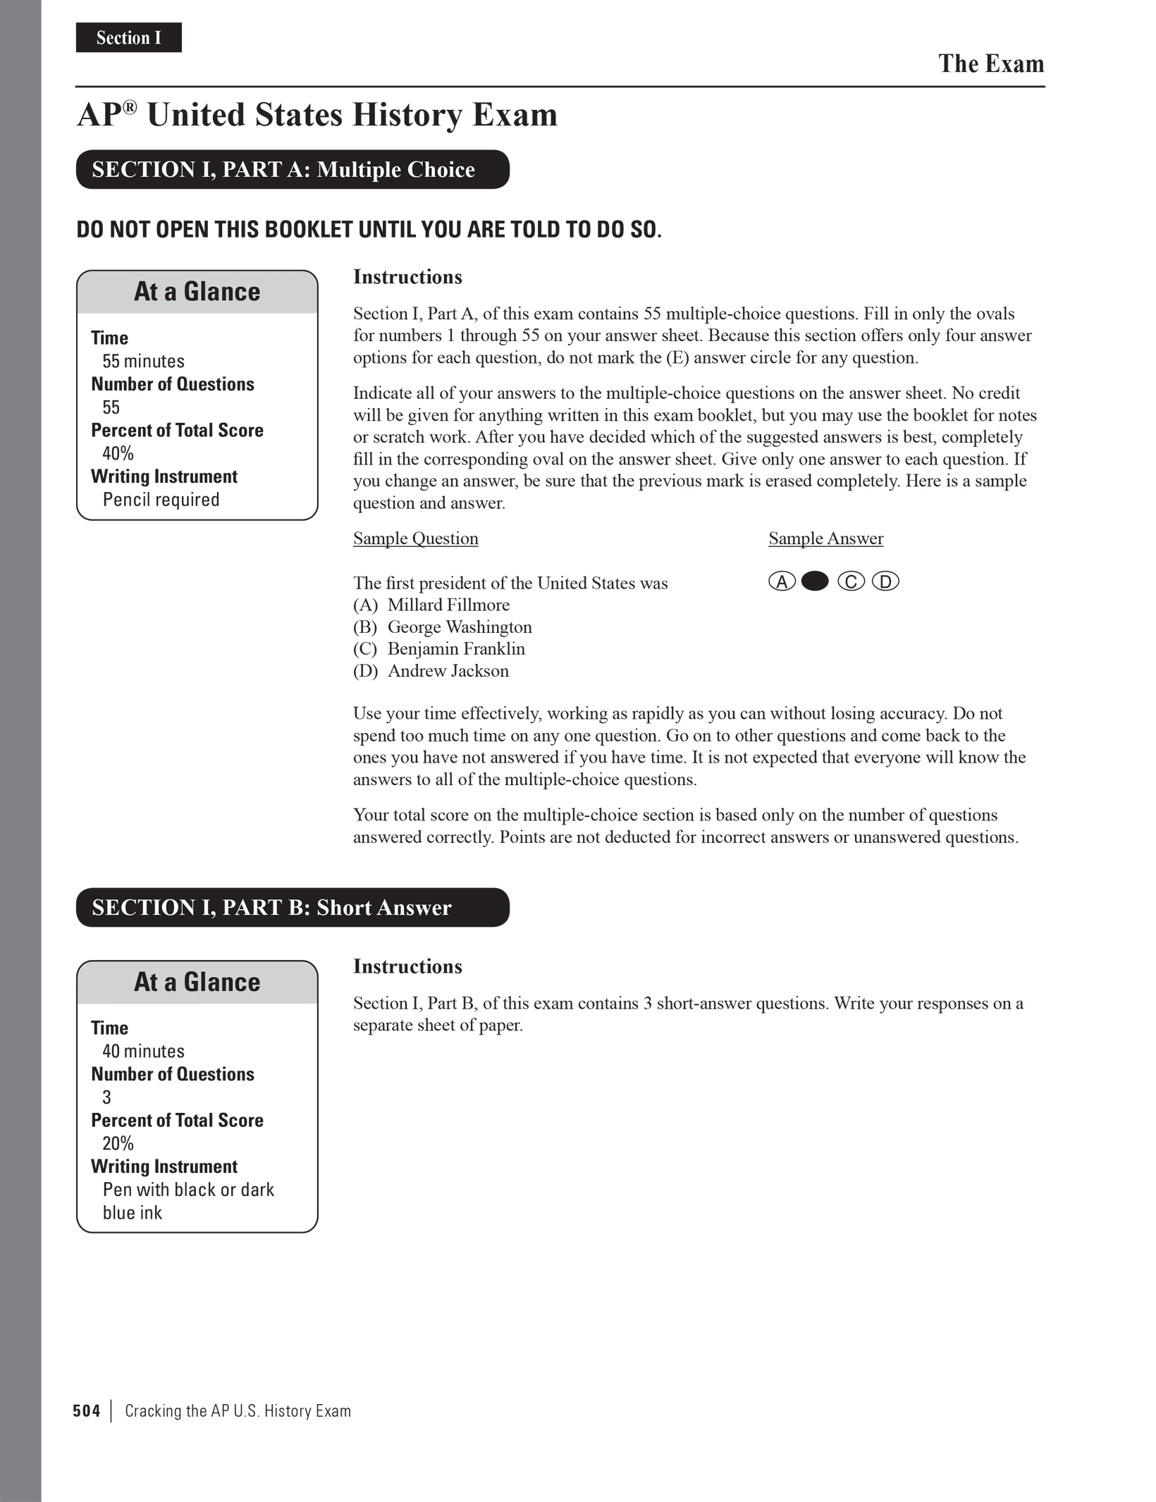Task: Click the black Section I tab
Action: pos(128,37)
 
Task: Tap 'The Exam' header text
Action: pos(990,64)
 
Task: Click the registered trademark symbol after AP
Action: pos(130,107)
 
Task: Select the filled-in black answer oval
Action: pos(815,581)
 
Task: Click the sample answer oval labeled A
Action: pos(782,581)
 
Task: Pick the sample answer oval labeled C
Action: pos(851,581)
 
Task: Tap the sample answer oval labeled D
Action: pos(885,581)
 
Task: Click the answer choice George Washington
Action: pos(459,627)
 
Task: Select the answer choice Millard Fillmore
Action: pos(448,605)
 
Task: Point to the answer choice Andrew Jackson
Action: pos(448,671)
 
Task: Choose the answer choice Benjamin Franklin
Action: pos(456,649)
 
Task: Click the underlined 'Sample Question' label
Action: pos(415,538)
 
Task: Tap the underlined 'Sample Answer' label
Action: pos(825,538)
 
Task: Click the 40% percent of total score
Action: pos(118,453)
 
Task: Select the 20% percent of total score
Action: pos(118,1143)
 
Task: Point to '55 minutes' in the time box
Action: pos(143,362)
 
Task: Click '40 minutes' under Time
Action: pos(143,1052)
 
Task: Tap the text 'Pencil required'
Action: pos(161,500)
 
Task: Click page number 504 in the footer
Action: pos(87,1411)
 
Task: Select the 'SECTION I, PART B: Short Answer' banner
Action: pos(293,907)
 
